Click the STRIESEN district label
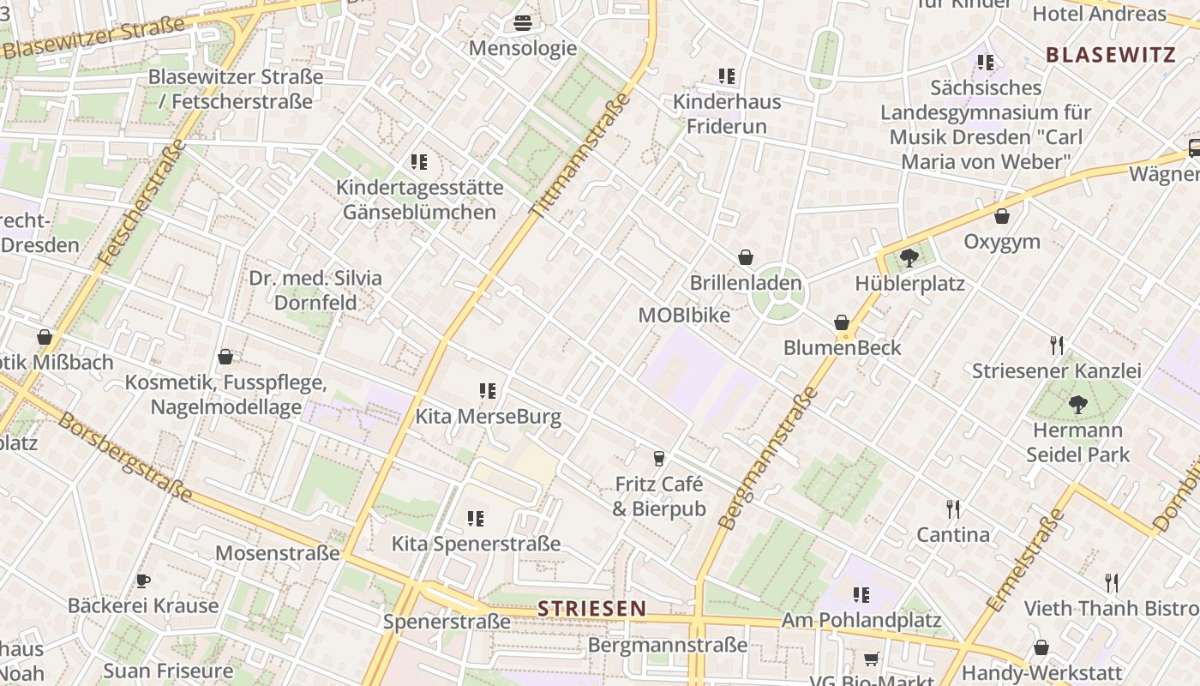(x=592, y=609)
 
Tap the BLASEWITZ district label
(x=1110, y=55)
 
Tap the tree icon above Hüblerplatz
(x=909, y=257)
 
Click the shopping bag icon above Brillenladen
(x=746, y=257)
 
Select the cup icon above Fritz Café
(x=658, y=458)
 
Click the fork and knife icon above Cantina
(x=952, y=509)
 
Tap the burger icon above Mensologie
(x=523, y=23)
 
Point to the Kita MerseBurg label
(x=489, y=418)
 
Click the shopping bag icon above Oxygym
(x=1001, y=216)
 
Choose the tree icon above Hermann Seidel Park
(x=1077, y=404)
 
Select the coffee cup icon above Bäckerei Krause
(x=143, y=581)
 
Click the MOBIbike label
(x=684, y=316)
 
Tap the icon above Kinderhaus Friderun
(x=727, y=76)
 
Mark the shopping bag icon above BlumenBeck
(x=842, y=322)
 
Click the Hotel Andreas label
(x=1100, y=14)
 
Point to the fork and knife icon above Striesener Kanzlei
(x=1057, y=346)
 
